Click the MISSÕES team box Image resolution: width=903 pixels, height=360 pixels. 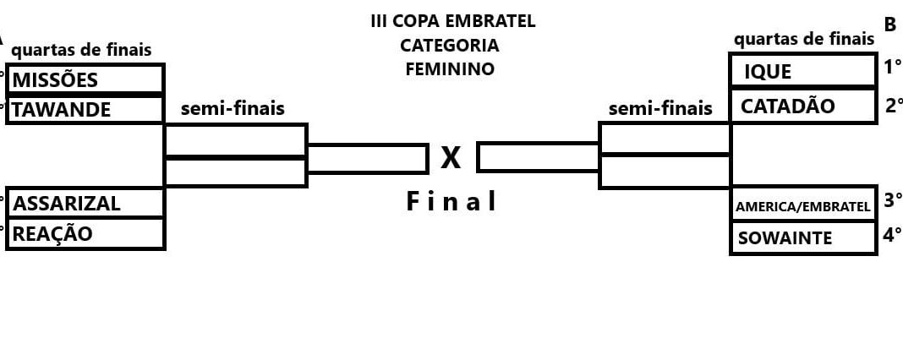click(x=85, y=79)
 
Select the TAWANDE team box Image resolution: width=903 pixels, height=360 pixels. click(x=85, y=109)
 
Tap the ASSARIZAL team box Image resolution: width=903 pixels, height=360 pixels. click(x=85, y=203)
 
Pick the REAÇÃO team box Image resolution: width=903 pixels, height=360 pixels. click(x=85, y=233)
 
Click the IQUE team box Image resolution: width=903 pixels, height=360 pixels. click(x=802, y=71)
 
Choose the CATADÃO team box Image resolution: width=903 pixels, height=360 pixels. click(x=802, y=106)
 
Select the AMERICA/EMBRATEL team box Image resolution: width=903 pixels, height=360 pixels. click(x=802, y=205)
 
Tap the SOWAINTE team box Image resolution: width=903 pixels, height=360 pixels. click(x=802, y=237)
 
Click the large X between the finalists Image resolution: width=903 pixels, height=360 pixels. click(x=451, y=157)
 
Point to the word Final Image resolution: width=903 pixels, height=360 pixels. click(x=451, y=201)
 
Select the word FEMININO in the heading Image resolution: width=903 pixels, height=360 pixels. click(x=450, y=68)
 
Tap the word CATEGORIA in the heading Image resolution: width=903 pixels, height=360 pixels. click(x=450, y=45)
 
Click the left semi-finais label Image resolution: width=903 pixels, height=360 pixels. click(x=233, y=108)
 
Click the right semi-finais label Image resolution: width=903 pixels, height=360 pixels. click(x=660, y=108)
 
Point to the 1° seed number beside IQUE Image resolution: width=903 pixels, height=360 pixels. click(x=893, y=67)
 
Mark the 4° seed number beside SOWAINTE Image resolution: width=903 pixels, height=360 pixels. click(x=892, y=234)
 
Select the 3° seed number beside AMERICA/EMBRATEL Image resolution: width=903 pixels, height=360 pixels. click(x=893, y=200)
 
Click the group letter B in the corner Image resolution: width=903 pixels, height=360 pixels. click(x=890, y=25)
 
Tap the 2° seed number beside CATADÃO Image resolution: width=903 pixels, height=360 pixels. click(x=894, y=105)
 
